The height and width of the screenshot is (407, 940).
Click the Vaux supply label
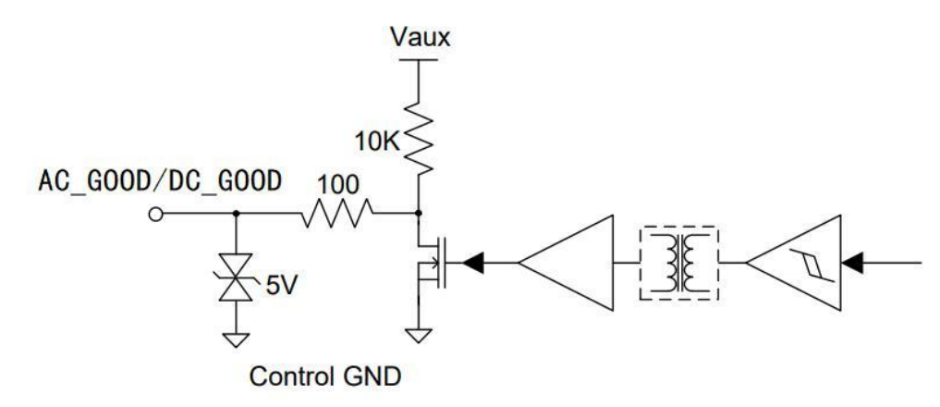(x=419, y=37)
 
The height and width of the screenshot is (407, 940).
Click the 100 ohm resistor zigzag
(x=336, y=213)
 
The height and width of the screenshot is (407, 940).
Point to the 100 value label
(x=338, y=185)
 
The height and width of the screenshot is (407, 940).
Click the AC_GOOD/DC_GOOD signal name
(x=160, y=180)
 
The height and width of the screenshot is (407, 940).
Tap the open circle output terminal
(x=155, y=214)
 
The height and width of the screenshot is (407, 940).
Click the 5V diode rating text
(x=281, y=287)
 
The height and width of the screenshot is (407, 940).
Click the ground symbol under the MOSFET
(x=419, y=334)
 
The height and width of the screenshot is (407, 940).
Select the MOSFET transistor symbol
(x=431, y=263)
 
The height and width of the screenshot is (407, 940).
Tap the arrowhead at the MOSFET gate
(x=473, y=263)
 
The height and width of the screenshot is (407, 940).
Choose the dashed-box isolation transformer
(x=680, y=263)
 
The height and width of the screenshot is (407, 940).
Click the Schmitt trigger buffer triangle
(x=793, y=263)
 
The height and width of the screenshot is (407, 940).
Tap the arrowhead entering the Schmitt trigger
(x=852, y=263)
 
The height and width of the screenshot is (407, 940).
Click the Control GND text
(x=325, y=377)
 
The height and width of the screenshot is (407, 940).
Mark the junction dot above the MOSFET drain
(x=419, y=213)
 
